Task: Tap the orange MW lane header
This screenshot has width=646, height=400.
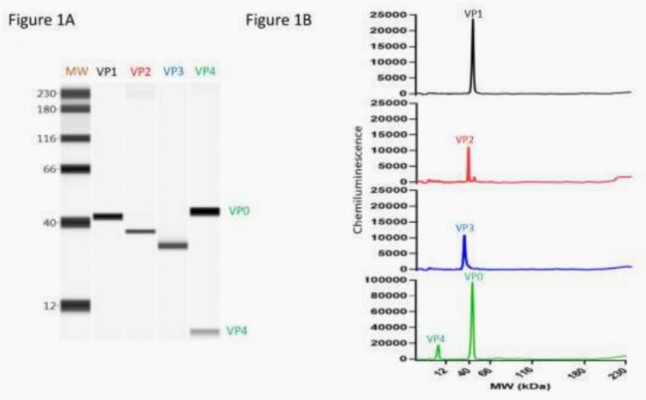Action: click(x=76, y=72)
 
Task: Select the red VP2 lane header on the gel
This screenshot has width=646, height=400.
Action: click(x=140, y=72)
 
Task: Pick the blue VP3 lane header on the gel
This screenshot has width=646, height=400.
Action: click(x=173, y=72)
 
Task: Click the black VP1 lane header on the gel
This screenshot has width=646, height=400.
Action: click(x=108, y=72)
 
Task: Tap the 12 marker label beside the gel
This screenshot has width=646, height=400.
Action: click(x=49, y=305)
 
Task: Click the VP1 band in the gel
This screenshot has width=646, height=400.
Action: click(x=108, y=216)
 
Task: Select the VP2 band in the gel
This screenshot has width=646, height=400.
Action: click(x=140, y=231)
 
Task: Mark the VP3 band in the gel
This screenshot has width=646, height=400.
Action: click(x=173, y=245)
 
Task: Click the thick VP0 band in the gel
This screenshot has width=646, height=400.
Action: click(x=205, y=211)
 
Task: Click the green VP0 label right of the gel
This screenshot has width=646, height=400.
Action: click(x=239, y=211)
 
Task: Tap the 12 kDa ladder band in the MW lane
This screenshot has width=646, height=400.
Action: click(x=76, y=305)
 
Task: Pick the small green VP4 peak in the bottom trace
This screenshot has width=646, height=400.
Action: click(x=437, y=350)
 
